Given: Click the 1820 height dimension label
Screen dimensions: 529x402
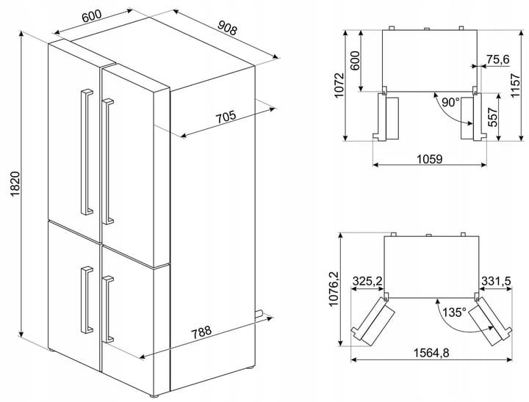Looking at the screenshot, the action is coord(15,184).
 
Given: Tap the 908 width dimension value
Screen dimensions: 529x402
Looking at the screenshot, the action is coord(227,28).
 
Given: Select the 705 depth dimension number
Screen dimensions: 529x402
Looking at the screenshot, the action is coord(226,117).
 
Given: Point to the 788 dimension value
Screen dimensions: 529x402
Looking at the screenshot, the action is coord(201,332).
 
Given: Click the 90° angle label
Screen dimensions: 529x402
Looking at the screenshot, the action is coord(450,102).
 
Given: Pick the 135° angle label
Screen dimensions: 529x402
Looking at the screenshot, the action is coord(455,312).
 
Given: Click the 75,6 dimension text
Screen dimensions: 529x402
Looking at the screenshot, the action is coord(498,59).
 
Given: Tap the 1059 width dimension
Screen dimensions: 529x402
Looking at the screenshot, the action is coord(430,158).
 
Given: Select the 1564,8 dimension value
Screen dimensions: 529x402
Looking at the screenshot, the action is coord(431,353).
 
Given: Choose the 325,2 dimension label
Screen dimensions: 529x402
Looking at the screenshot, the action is coord(367,280).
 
